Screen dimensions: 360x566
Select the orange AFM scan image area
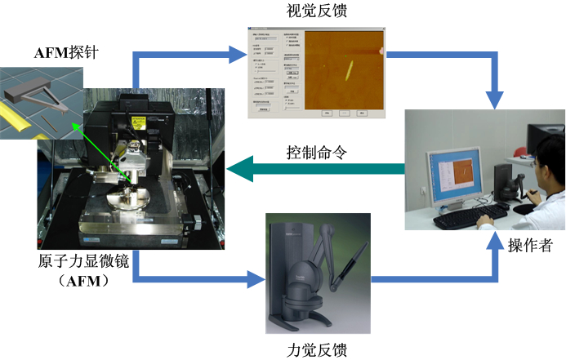point(340,69)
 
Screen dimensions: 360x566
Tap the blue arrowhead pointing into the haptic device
point(249,282)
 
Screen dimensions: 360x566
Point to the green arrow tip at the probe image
point(73,125)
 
